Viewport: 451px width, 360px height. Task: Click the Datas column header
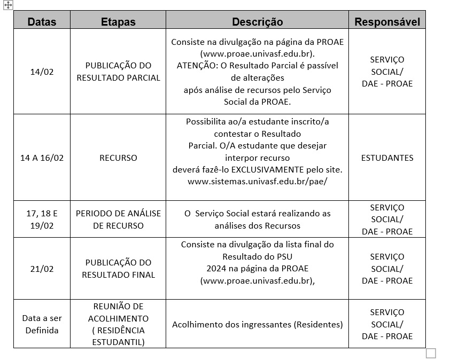pyautogui.click(x=42, y=22)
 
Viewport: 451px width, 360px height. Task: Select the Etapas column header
pyautogui.click(x=118, y=22)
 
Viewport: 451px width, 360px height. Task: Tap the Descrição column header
pyautogui.click(x=257, y=22)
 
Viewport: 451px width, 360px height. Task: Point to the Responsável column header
pyautogui.click(x=387, y=22)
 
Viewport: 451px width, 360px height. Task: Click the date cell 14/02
pyautogui.click(x=42, y=72)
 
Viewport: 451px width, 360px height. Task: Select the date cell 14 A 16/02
pyautogui.click(x=42, y=158)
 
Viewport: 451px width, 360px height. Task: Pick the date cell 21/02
pyautogui.click(x=42, y=269)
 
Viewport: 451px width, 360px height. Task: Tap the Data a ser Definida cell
pyautogui.click(x=42, y=324)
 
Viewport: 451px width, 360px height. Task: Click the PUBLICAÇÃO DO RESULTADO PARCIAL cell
pyautogui.click(x=118, y=72)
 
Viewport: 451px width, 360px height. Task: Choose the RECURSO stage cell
pyautogui.click(x=118, y=158)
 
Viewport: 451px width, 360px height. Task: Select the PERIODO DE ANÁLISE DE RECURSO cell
pyautogui.click(x=118, y=220)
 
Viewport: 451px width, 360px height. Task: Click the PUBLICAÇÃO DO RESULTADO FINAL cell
pyautogui.click(x=118, y=269)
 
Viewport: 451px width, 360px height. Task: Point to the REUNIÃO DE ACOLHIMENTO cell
pyautogui.click(x=118, y=324)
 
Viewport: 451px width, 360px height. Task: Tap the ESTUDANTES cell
pyautogui.click(x=387, y=158)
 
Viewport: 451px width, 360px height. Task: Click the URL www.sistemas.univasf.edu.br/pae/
pyautogui.click(x=257, y=182)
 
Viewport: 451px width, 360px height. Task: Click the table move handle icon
pyautogui.click(x=8, y=5)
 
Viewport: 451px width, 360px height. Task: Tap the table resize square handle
pyautogui.click(x=431, y=353)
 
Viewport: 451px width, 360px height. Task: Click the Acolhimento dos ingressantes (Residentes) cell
pyautogui.click(x=257, y=324)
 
